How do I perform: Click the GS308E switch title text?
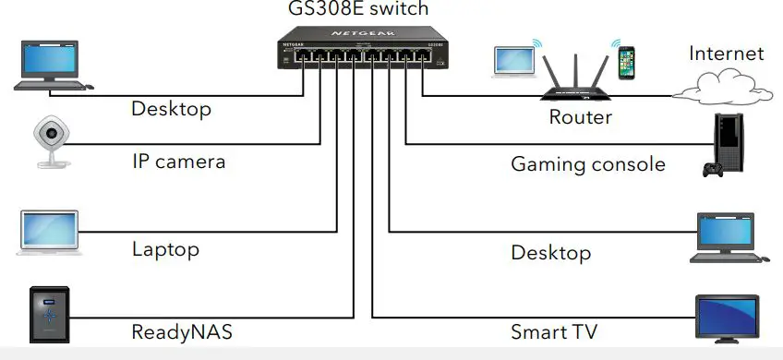tap(357, 9)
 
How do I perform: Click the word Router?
tap(581, 117)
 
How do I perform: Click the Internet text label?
tap(727, 54)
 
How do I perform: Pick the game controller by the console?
tap(712, 171)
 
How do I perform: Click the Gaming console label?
tap(588, 164)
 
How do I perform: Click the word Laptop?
tap(165, 249)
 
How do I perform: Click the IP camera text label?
tap(178, 162)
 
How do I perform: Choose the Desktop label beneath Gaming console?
tap(551, 252)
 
